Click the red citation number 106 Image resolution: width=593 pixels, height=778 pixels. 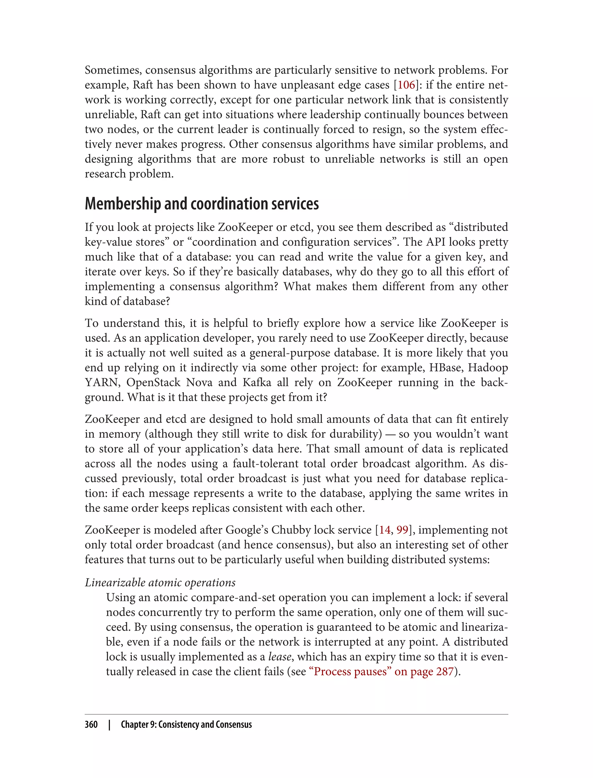[406, 85]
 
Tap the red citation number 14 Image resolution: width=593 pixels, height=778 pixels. [385, 530]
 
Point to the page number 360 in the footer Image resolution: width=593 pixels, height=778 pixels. [91, 725]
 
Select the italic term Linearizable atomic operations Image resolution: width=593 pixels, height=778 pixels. [160, 583]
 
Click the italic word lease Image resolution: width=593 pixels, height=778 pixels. [279, 657]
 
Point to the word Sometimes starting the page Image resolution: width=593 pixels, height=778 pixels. [113, 70]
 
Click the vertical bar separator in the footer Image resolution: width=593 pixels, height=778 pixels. [109, 725]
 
